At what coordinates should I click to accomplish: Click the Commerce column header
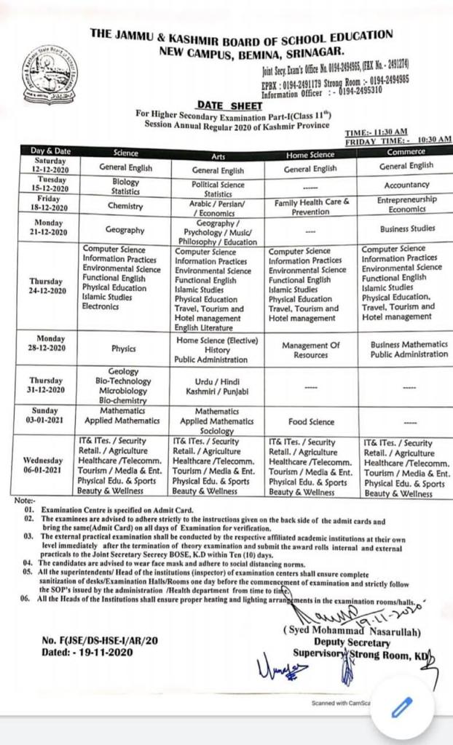(x=406, y=152)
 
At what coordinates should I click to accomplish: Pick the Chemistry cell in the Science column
(x=125, y=206)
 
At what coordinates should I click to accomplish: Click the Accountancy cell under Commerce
(x=406, y=185)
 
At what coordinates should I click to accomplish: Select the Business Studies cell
(x=406, y=228)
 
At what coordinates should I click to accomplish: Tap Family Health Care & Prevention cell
(x=312, y=206)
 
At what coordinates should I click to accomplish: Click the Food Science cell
(x=311, y=421)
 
